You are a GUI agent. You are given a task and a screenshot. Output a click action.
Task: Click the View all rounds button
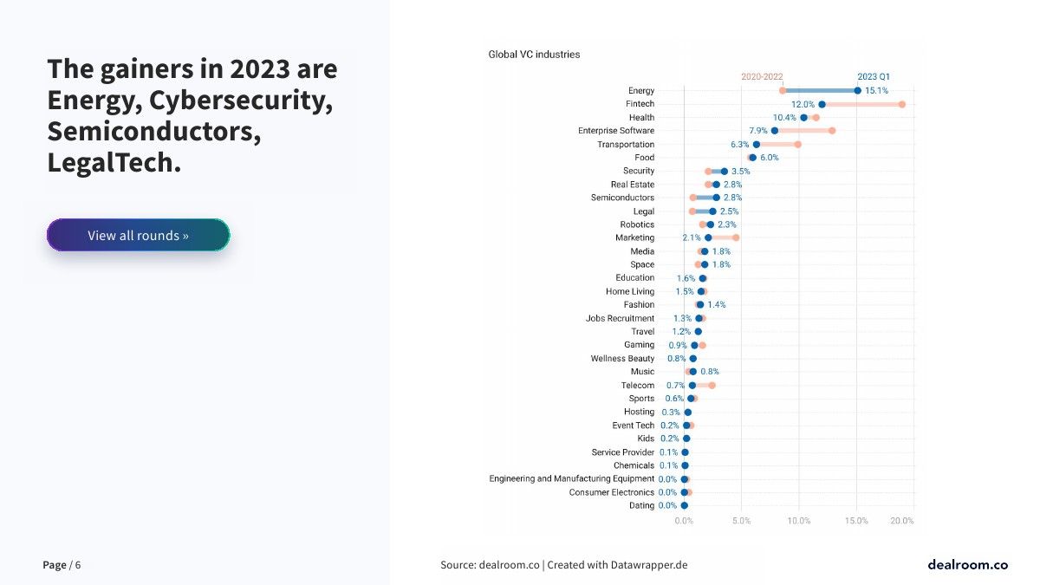138,235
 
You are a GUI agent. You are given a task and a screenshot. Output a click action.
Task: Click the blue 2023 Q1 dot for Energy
857,90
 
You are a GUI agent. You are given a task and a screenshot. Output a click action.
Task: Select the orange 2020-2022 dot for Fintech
902,104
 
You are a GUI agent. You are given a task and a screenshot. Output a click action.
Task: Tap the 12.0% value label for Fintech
803,104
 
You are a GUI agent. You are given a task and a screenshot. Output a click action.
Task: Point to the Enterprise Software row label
616,131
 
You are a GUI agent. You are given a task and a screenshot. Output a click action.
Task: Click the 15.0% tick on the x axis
856,521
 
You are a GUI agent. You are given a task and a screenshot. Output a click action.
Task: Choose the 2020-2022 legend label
762,76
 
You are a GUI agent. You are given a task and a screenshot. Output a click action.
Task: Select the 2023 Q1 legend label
874,76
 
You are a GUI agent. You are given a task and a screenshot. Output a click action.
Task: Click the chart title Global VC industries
534,55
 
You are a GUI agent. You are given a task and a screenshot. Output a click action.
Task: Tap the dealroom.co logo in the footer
967,565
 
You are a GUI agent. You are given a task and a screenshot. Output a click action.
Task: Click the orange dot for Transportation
797,145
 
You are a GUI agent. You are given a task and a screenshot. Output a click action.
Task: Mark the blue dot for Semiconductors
716,198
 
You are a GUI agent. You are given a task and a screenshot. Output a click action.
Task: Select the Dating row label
641,506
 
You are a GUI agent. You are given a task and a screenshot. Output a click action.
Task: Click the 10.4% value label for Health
784,118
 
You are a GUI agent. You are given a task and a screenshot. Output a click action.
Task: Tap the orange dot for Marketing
736,237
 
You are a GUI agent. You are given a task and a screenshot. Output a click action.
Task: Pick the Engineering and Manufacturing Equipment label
571,479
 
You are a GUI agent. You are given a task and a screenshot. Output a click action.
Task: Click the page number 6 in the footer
78,565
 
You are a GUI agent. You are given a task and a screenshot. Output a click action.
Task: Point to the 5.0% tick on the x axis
741,521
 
